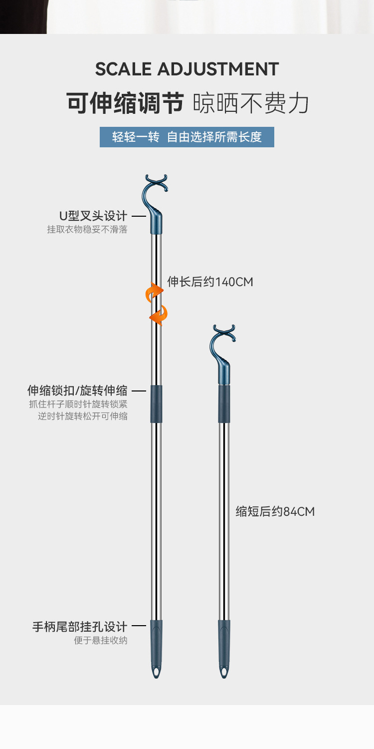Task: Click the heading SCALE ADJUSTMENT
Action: point(187,69)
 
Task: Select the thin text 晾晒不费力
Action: point(251,103)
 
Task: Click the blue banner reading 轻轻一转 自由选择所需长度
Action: point(187,137)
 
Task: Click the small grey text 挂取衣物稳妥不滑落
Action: point(87,230)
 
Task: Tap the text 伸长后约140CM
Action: point(210,282)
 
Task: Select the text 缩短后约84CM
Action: point(275,511)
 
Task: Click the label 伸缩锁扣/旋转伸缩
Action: point(77,390)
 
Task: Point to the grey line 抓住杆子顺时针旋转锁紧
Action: point(78,404)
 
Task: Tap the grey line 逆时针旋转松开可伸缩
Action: point(83,416)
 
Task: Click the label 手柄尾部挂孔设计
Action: point(80,627)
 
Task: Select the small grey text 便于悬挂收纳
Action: point(101,640)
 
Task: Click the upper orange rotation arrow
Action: point(154,293)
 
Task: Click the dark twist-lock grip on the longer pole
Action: point(157,404)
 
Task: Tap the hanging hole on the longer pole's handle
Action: point(157,672)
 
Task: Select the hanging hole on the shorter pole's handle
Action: point(224,672)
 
